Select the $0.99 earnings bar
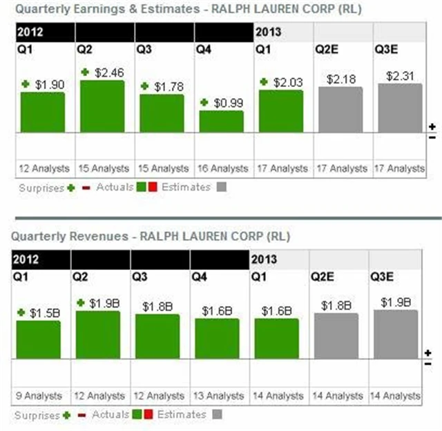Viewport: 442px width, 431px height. point(222,121)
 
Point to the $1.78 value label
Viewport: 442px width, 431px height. point(169,86)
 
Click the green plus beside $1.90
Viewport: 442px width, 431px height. point(26,84)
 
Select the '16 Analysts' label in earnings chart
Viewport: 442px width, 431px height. point(222,168)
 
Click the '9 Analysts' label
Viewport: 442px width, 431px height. point(39,396)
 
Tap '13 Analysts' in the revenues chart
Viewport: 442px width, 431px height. point(218,396)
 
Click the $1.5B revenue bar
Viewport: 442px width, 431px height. point(39,339)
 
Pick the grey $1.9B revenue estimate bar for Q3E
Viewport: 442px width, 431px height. point(396,334)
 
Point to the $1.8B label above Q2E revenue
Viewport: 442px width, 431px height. point(336,305)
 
